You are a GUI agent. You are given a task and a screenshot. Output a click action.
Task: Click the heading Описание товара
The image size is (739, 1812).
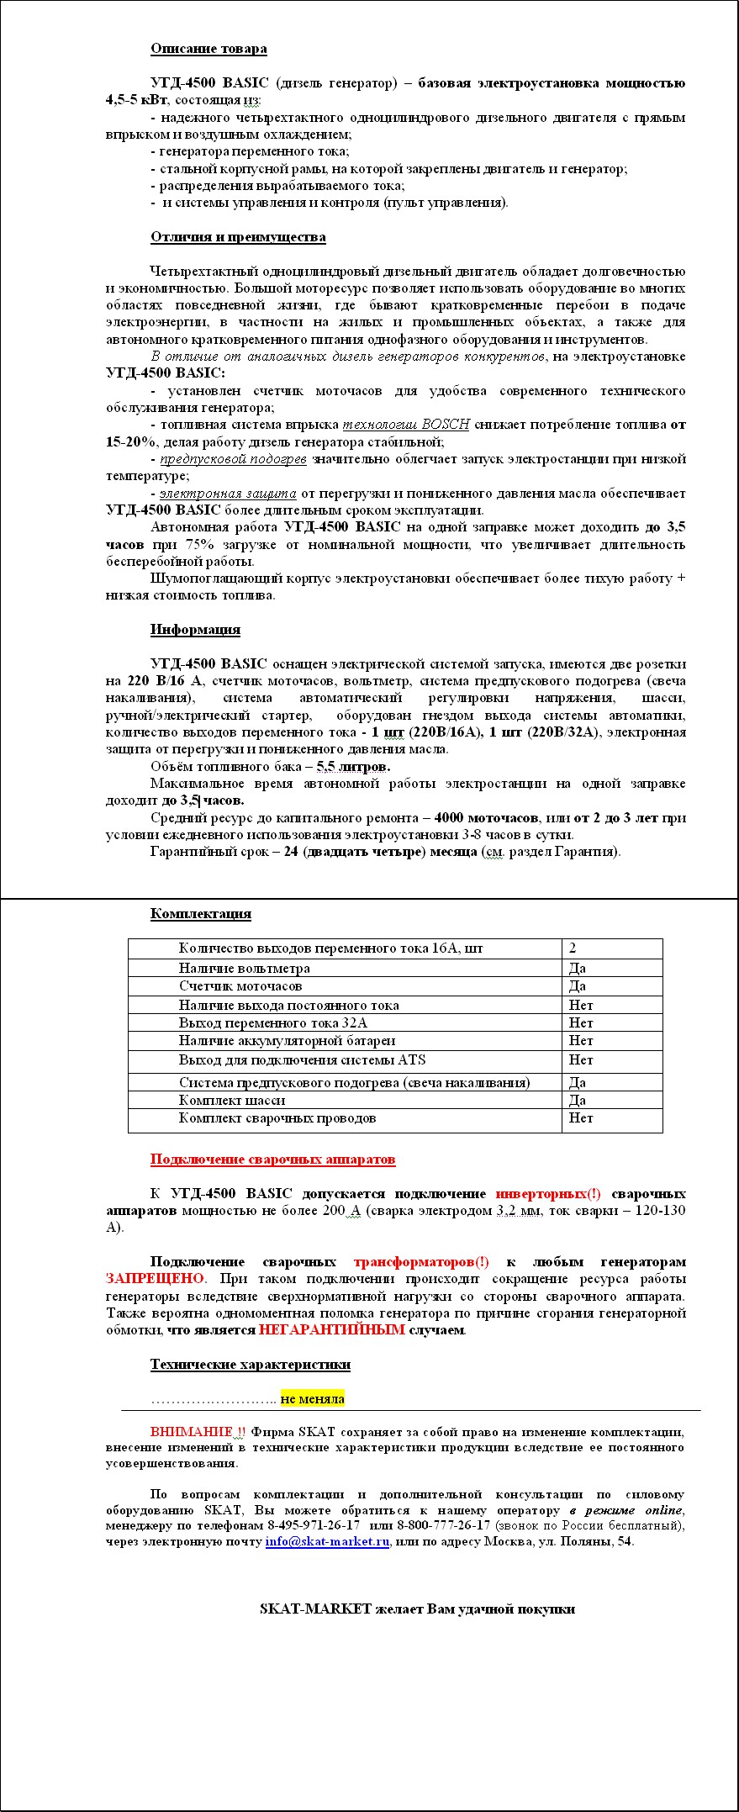[209, 49]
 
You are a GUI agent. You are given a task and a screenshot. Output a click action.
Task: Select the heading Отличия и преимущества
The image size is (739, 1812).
[238, 237]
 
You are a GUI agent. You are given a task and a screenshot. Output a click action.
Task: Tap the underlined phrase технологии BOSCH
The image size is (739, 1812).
[406, 425]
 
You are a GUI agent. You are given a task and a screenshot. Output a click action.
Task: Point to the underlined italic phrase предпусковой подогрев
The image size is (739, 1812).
[233, 459]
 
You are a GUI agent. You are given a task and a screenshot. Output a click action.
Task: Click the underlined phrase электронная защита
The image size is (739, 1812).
[228, 494]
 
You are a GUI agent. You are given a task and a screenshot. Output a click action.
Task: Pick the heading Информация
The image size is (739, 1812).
[195, 630]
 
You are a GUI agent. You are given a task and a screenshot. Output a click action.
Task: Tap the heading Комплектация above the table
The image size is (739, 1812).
[200, 914]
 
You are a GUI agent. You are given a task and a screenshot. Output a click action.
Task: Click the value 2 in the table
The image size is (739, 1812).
[573, 948]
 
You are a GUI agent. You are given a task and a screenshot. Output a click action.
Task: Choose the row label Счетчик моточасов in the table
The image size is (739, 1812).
[240, 986]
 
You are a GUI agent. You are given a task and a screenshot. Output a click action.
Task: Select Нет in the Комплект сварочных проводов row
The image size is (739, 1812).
[581, 1118]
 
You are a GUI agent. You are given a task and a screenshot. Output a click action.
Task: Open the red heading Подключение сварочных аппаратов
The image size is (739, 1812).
[272, 1160]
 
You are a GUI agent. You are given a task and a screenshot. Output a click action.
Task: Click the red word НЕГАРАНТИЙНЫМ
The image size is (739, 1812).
[332, 1330]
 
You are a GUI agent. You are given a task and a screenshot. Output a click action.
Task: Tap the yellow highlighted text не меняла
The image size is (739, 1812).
[313, 1399]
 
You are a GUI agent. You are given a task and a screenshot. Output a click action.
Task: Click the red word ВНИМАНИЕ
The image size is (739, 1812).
[192, 1432]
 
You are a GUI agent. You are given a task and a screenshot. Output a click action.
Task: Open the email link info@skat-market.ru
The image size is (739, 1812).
[327, 1541]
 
